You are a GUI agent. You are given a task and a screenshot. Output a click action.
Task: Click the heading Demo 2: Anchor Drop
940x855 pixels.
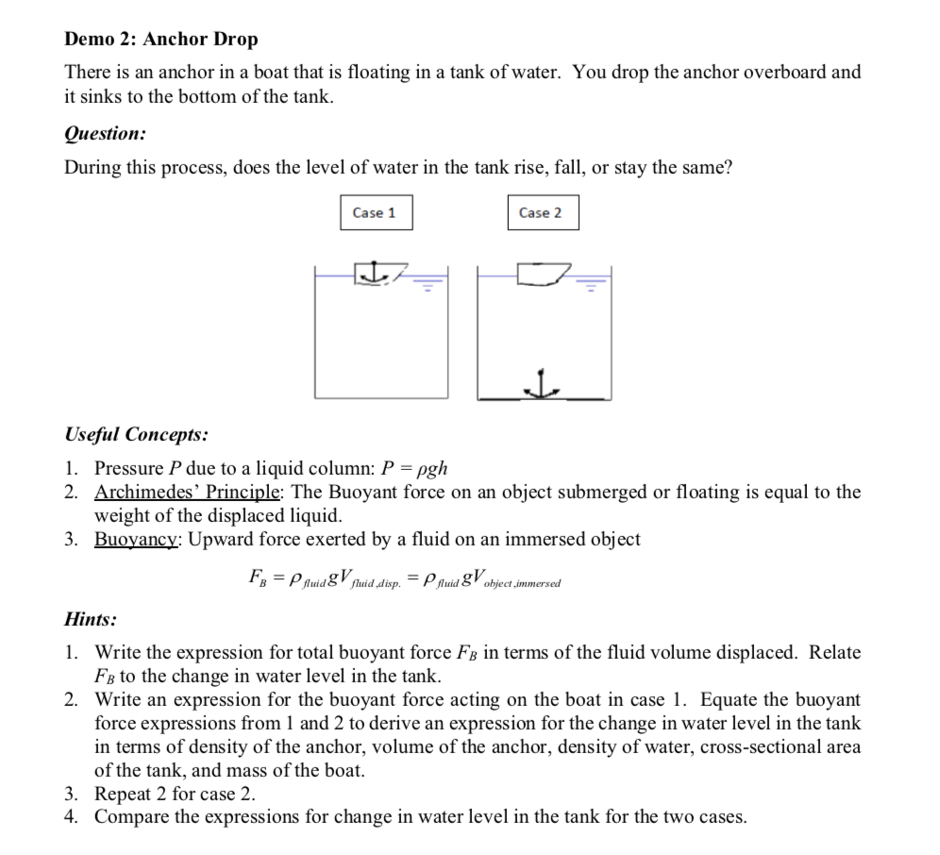160,40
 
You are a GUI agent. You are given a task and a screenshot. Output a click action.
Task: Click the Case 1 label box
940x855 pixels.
375,212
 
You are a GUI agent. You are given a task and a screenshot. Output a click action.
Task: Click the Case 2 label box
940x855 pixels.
540,212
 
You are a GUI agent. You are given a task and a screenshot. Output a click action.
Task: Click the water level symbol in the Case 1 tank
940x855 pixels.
427,282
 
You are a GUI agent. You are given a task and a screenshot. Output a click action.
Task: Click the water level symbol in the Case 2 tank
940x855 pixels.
593,282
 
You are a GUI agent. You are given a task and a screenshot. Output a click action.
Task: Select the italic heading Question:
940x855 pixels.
105,134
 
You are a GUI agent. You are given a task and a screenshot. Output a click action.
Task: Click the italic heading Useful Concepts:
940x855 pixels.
136,435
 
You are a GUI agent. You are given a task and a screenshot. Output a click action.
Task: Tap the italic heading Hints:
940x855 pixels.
91,619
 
